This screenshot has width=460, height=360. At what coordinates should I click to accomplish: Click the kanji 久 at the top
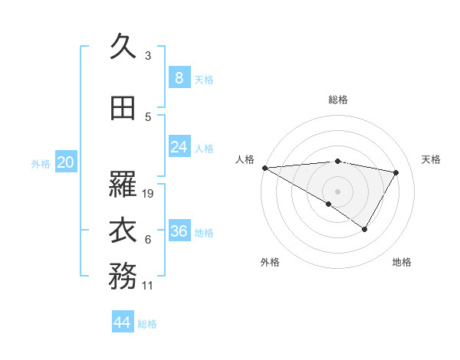click(123, 47)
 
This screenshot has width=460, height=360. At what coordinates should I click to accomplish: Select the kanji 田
click(123, 109)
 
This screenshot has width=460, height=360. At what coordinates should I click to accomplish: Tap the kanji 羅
click(123, 185)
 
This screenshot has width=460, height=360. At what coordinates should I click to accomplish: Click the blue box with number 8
click(179, 77)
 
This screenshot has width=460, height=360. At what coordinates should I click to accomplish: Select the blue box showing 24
click(179, 147)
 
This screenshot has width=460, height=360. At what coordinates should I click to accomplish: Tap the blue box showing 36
click(179, 231)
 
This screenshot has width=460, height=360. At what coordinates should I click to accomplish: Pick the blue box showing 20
click(66, 162)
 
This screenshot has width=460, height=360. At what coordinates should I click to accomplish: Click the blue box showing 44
click(123, 322)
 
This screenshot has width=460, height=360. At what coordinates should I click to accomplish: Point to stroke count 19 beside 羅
click(149, 194)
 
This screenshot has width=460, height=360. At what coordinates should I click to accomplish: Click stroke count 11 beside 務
click(149, 286)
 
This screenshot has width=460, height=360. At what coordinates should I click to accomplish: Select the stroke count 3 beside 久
click(148, 56)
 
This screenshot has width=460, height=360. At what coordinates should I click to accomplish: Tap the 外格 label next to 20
click(41, 163)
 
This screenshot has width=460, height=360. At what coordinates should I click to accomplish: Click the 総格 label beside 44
click(147, 324)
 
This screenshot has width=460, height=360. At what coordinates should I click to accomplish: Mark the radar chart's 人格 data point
click(264, 168)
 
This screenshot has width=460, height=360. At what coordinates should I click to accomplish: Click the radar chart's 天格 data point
click(396, 172)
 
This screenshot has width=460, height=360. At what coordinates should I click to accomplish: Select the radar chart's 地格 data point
click(365, 229)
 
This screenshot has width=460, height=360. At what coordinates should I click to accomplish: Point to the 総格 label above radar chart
click(337, 100)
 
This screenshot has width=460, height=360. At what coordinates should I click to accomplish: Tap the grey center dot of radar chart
click(337, 190)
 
